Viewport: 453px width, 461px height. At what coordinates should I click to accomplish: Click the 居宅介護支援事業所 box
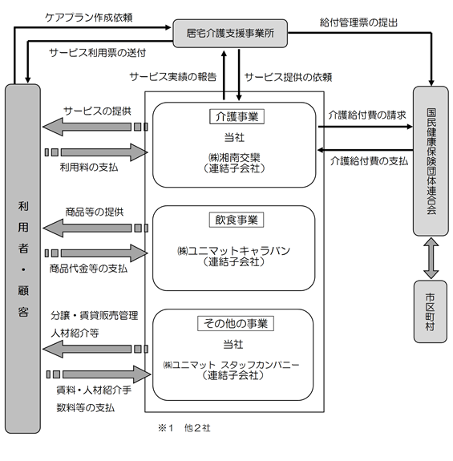point(230,33)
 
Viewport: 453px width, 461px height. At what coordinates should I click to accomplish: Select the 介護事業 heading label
point(237,117)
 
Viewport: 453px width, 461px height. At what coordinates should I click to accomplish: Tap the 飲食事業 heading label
point(237,220)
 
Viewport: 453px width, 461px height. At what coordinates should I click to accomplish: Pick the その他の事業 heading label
point(236,323)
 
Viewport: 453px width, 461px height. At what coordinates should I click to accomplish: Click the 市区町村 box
point(431,312)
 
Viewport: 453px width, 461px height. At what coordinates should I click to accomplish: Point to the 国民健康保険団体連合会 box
point(431,161)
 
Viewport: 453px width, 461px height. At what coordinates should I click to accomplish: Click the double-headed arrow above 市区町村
point(431,258)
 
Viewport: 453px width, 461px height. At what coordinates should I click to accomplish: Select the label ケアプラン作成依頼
point(89,18)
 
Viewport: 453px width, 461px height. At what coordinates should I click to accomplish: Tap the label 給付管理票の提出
point(358,22)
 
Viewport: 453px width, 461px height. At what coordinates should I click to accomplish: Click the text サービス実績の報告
point(173,77)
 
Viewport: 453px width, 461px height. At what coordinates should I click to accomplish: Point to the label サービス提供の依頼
point(289,77)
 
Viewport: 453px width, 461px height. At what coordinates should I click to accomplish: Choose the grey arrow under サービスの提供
point(95,127)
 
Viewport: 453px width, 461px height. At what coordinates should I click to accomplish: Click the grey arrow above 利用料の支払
point(96,152)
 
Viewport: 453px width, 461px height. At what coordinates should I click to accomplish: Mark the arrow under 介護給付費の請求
point(366,127)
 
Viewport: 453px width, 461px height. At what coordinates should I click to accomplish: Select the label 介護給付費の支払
point(370,161)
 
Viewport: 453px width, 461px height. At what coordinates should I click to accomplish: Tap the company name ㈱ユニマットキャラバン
point(233,251)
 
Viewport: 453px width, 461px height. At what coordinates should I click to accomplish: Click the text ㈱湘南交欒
point(234,158)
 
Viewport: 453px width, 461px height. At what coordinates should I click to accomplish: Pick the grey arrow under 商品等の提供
point(95,228)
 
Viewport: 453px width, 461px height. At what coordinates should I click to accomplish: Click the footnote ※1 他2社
point(184,428)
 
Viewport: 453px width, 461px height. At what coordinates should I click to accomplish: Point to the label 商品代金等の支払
point(88,268)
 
